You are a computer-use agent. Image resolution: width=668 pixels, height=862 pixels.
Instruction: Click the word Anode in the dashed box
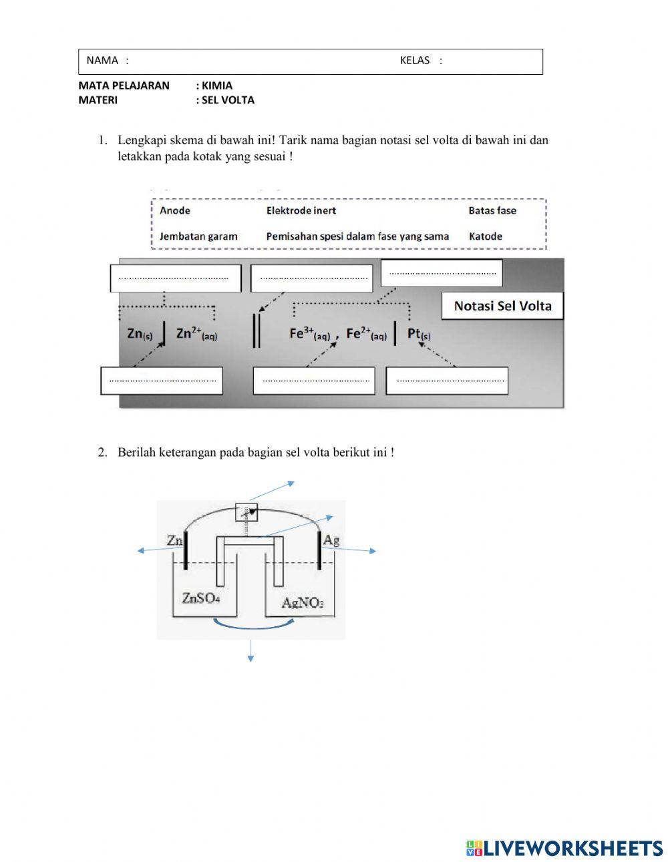point(175,211)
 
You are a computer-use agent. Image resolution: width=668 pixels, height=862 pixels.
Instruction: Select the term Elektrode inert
point(301,211)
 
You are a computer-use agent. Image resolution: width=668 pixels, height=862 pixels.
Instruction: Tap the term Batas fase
point(492,211)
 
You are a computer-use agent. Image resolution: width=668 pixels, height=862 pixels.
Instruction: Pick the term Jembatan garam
point(198,236)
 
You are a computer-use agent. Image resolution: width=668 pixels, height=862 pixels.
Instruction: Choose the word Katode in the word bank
point(486,236)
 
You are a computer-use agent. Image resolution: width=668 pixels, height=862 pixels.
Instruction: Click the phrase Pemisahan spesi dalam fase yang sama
point(357,236)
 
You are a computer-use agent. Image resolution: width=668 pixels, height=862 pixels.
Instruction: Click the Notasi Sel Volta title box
point(502,306)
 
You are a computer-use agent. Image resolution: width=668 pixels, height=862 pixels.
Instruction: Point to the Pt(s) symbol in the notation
point(419,334)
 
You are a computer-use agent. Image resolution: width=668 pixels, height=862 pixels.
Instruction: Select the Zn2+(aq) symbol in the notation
point(196,334)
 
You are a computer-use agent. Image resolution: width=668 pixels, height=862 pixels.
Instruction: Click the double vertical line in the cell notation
point(256,331)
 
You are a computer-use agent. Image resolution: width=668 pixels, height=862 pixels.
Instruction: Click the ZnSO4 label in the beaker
point(201,598)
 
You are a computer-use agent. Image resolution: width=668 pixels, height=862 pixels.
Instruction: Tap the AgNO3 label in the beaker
point(303,603)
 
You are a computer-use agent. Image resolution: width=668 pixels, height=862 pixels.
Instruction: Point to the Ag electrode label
point(331,540)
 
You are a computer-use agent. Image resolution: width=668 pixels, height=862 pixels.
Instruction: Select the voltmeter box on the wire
point(246,513)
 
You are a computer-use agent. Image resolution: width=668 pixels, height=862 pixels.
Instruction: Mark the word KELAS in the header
point(415,61)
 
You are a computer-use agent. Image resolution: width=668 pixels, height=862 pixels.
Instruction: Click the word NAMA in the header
point(102,61)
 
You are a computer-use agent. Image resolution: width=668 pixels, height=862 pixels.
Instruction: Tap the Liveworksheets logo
point(564,848)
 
